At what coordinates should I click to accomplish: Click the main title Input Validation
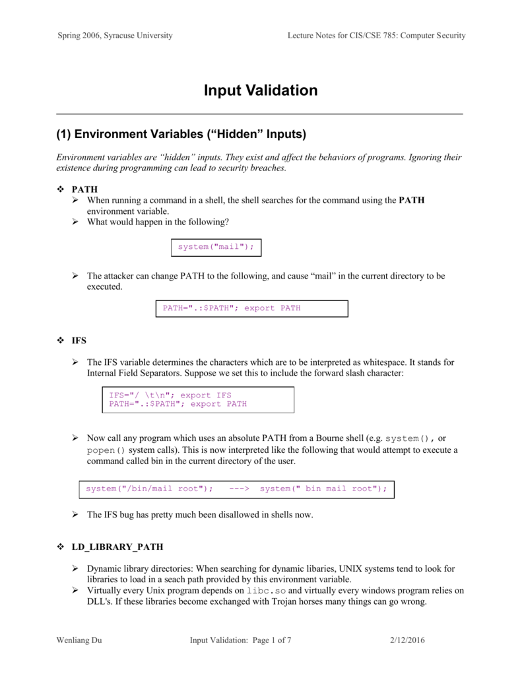(x=260, y=90)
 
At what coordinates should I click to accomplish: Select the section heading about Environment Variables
(x=181, y=135)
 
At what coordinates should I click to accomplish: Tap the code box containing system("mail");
(x=216, y=247)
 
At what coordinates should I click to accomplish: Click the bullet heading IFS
(x=79, y=341)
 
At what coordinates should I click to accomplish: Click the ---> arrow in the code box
(x=239, y=489)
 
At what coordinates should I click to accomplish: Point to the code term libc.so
(x=266, y=590)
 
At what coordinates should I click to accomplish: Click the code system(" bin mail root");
(x=323, y=489)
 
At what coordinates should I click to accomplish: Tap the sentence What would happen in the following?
(x=158, y=222)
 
